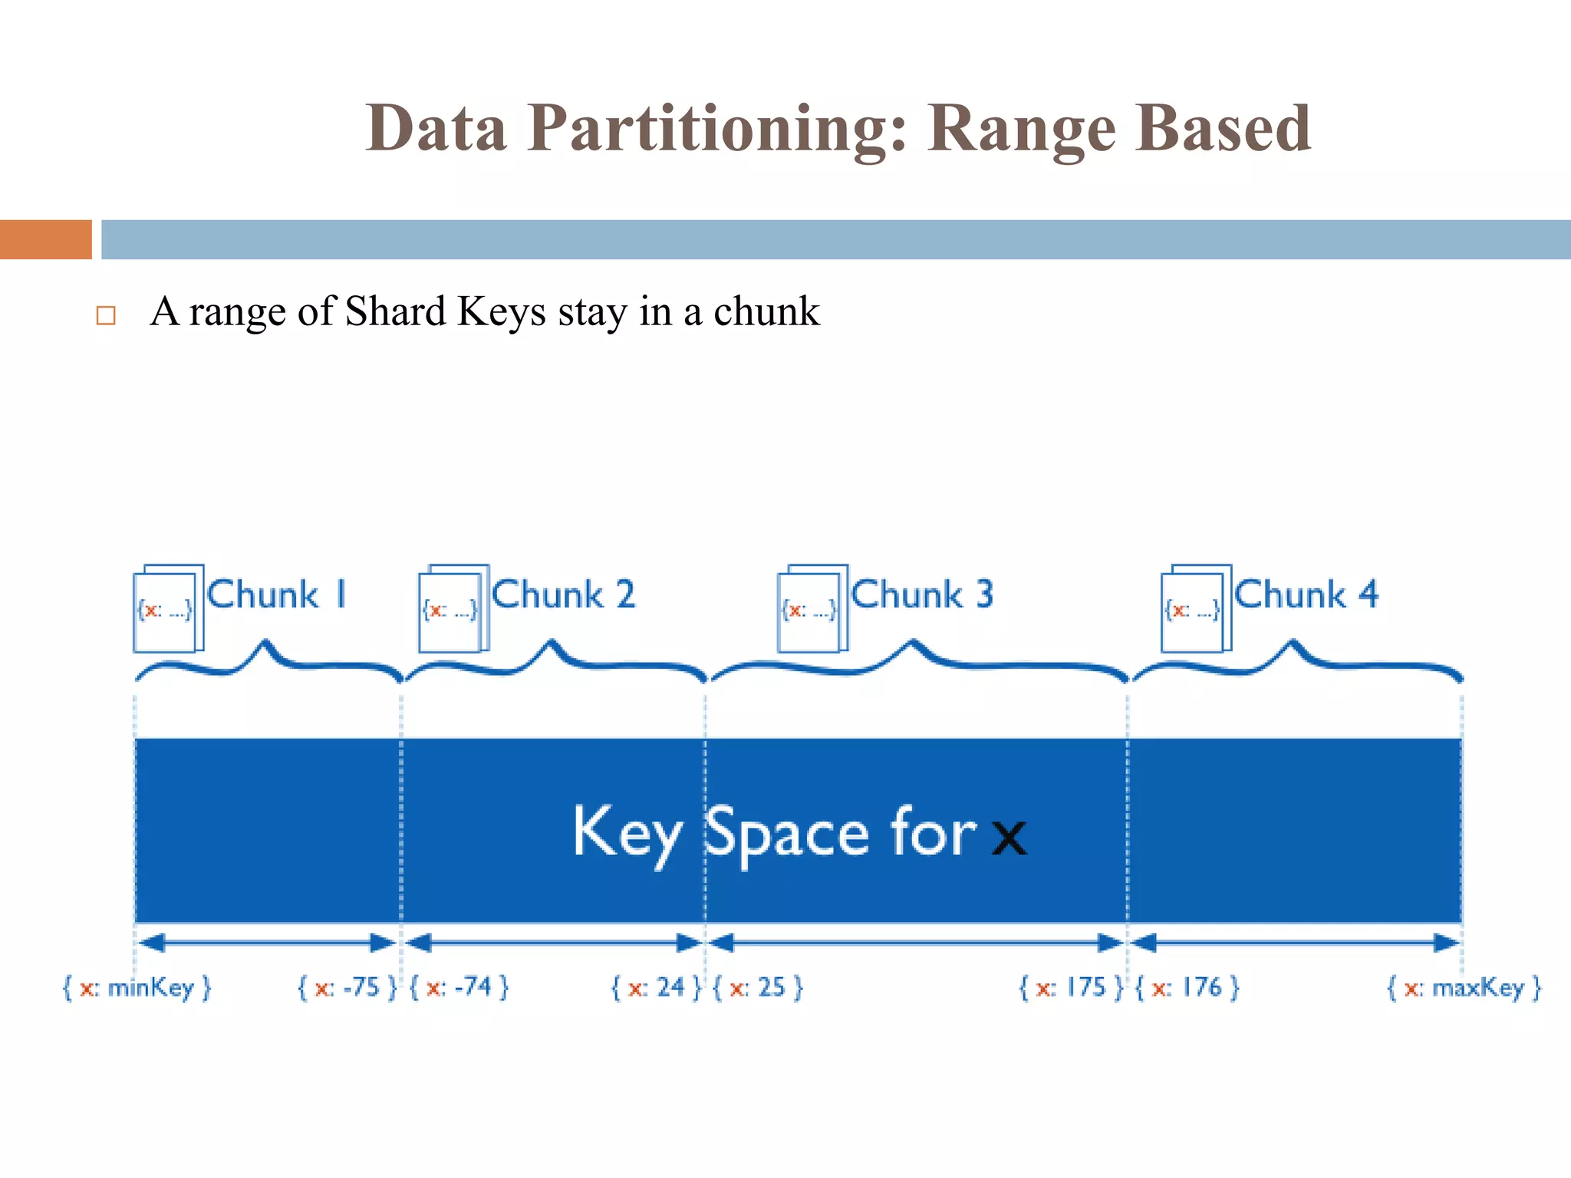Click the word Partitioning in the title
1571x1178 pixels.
click(x=718, y=129)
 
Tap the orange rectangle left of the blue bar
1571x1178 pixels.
click(x=45, y=239)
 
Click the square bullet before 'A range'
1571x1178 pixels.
click(x=106, y=315)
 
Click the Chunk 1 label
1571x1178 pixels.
click(x=277, y=595)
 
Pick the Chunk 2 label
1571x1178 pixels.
click(x=563, y=595)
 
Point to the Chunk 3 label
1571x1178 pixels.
click(x=922, y=595)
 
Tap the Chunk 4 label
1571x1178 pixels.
click(x=1306, y=595)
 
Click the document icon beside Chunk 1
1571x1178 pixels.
click(x=168, y=609)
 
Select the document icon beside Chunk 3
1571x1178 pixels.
click(x=812, y=609)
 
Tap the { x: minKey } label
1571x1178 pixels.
click(x=137, y=988)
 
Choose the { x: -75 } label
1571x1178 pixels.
click(x=347, y=988)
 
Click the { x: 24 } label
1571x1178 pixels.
click(x=656, y=988)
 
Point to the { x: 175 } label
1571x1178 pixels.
click(x=1070, y=988)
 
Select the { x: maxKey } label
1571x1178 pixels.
click(x=1464, y=988)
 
